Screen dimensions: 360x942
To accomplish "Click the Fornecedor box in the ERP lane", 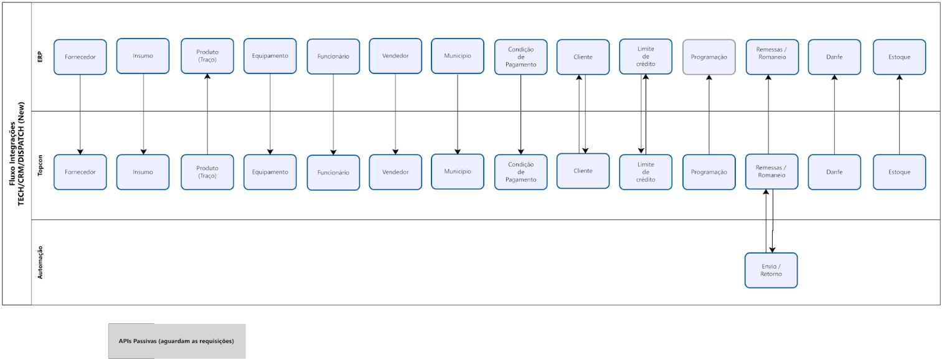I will [80, 57].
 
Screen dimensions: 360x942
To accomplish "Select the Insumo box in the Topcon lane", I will [143, 172].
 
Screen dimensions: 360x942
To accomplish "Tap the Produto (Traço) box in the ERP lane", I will [207, 56].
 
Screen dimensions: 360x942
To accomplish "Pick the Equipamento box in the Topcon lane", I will [270, 172].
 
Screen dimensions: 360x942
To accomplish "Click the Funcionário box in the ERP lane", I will [333, 57].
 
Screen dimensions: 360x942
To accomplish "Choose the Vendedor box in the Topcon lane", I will [395, 172].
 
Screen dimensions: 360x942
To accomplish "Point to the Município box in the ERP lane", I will [458, 56].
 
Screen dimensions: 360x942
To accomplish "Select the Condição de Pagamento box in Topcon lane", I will [521, 172].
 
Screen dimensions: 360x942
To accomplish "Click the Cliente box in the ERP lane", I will [583, 57].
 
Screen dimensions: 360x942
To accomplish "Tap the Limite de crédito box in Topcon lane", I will [646, 172].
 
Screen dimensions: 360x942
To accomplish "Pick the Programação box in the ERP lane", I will [709, 57].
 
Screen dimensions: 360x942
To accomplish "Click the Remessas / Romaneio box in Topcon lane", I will [771, 172].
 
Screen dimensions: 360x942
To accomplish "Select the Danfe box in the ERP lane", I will [834, 57].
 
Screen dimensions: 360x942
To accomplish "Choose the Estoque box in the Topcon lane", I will [899, 172].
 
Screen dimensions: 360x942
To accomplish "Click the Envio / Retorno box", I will [771, 270].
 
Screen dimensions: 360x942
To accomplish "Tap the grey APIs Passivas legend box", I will [177, 341].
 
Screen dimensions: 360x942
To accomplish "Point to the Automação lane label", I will [41, 262].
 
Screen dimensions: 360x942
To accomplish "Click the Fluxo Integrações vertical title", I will [17, 153].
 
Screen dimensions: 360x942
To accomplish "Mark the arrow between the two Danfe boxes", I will [834, 115].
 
